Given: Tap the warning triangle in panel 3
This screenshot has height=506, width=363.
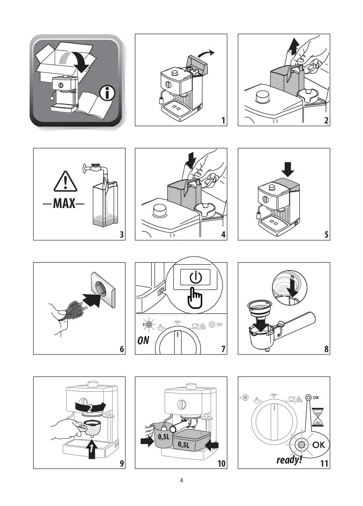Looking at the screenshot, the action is (x=65, y=181).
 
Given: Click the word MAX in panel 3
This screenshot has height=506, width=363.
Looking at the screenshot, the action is (x=64, y=203).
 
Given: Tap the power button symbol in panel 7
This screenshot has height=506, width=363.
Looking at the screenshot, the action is (x=195, y=277).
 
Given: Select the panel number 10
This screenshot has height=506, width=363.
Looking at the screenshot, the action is (x=221, y=464).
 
